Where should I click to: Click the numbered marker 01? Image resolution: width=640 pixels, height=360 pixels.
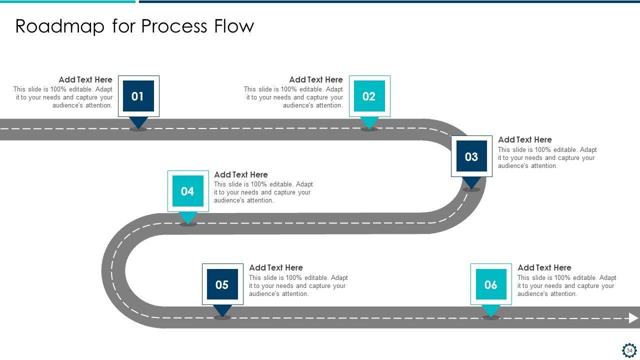point(138,96)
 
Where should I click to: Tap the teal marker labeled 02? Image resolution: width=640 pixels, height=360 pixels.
point(369,96)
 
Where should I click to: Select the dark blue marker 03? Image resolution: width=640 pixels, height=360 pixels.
point(471,156)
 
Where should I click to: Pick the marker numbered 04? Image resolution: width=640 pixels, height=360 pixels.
point(188,191)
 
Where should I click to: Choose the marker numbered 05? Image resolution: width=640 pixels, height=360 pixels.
point(222,284)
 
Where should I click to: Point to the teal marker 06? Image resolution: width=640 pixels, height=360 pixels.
point(491,284)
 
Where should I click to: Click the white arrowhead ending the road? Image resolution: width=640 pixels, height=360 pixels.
point(633,318)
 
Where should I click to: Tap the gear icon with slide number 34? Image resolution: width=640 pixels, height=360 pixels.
point(629,350)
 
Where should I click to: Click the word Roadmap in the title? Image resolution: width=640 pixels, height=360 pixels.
point(60,26)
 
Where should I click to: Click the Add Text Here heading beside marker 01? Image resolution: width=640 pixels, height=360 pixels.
point(85,79)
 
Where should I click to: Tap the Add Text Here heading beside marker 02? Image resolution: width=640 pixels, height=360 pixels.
point(316,79)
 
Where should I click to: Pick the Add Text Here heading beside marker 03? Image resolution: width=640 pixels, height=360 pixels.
point(525,139)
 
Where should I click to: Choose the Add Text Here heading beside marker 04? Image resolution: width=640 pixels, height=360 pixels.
point(241,174)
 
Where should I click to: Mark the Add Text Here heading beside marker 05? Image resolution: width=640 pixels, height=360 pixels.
point(276,267)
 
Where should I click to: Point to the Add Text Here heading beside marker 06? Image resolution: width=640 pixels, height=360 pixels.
point(544,267)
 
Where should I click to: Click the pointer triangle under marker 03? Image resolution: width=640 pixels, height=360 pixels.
point(471,182)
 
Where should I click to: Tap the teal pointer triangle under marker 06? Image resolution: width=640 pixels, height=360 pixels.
point(491,310)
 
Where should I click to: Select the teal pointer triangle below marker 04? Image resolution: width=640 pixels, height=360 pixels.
point(188,217)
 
